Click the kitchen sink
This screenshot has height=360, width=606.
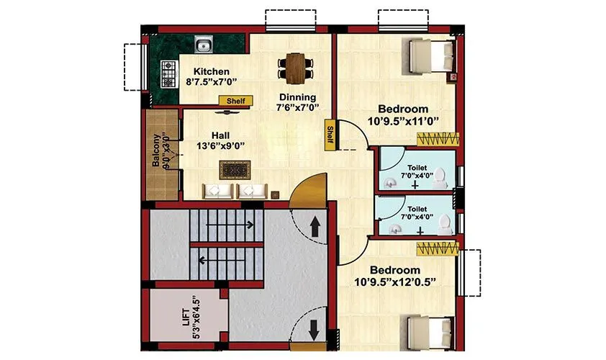tap(204, 47)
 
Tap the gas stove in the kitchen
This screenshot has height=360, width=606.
tap(169, 70)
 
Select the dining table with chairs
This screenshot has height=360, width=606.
tap(294, 66)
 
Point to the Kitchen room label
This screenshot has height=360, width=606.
tap(211, 71)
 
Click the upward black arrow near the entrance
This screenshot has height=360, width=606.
tap(315, 228)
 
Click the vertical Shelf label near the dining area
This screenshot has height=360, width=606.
tap(330, 135)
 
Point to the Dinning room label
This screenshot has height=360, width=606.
tap(297, 97)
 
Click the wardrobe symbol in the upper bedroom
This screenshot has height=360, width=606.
tap(438, 137)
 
